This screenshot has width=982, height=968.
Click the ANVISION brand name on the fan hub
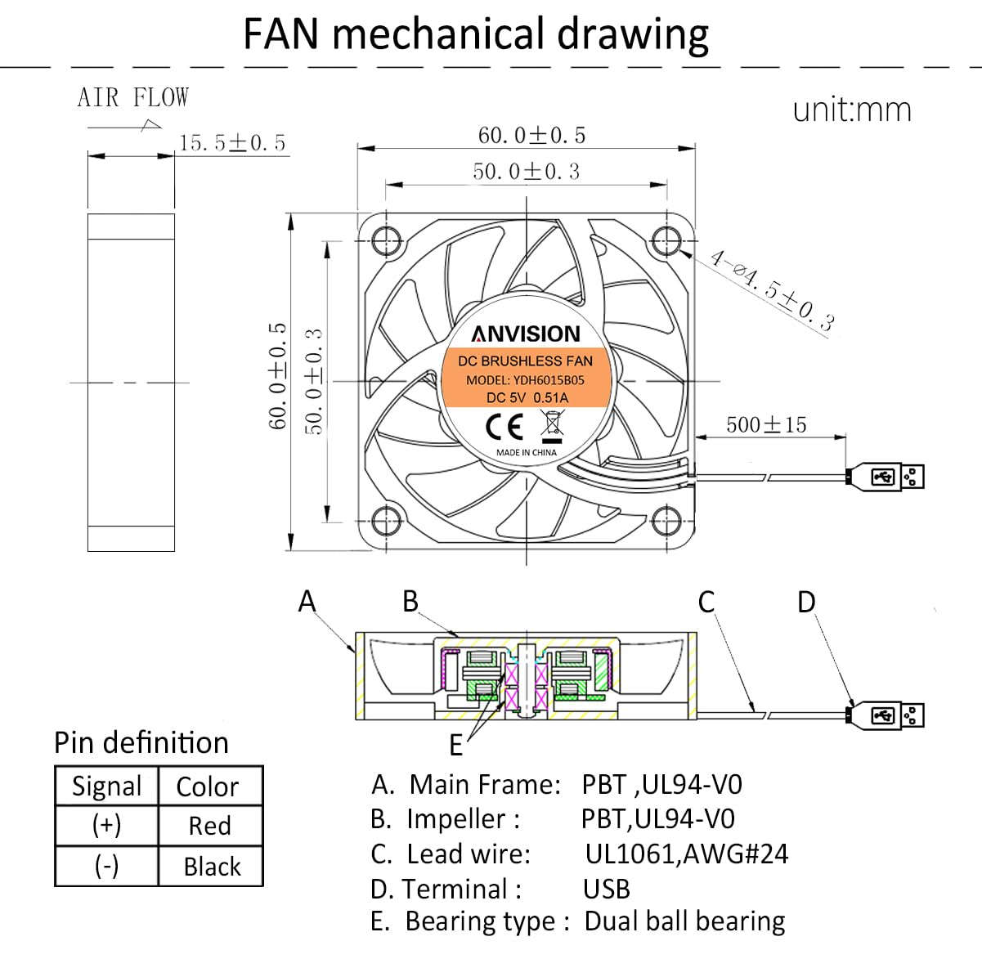pos(526,334)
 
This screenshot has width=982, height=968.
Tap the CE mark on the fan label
pos(504,426)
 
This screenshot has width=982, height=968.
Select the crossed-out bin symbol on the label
pos(553,426)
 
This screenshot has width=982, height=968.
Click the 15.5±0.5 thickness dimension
pos(232,143)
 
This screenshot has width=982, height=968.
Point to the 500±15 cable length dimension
pos(766,424)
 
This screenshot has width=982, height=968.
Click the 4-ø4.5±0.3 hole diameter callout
pos(772,290)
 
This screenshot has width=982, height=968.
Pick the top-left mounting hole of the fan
pos(386,240)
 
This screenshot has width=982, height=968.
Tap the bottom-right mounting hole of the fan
pos(666,521)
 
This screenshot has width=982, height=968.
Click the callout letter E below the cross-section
pos(456,746)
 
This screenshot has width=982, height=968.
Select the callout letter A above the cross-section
pos(307,601)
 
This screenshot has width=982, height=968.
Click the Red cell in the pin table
pos(209,825)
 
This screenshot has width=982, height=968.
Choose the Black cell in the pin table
pos(212,867)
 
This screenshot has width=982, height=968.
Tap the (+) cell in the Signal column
pos(106,825)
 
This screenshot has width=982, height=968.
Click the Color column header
pos(208,786)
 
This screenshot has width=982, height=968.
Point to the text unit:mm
pos(852,110)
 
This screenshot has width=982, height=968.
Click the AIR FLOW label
pos(133,97)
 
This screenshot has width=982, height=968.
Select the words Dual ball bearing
pos(684,921)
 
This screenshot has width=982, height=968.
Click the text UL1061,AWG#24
pos(687,854)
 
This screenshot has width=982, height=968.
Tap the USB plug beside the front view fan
pos(885,477)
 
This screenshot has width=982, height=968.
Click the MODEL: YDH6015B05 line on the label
pos(525,380)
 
